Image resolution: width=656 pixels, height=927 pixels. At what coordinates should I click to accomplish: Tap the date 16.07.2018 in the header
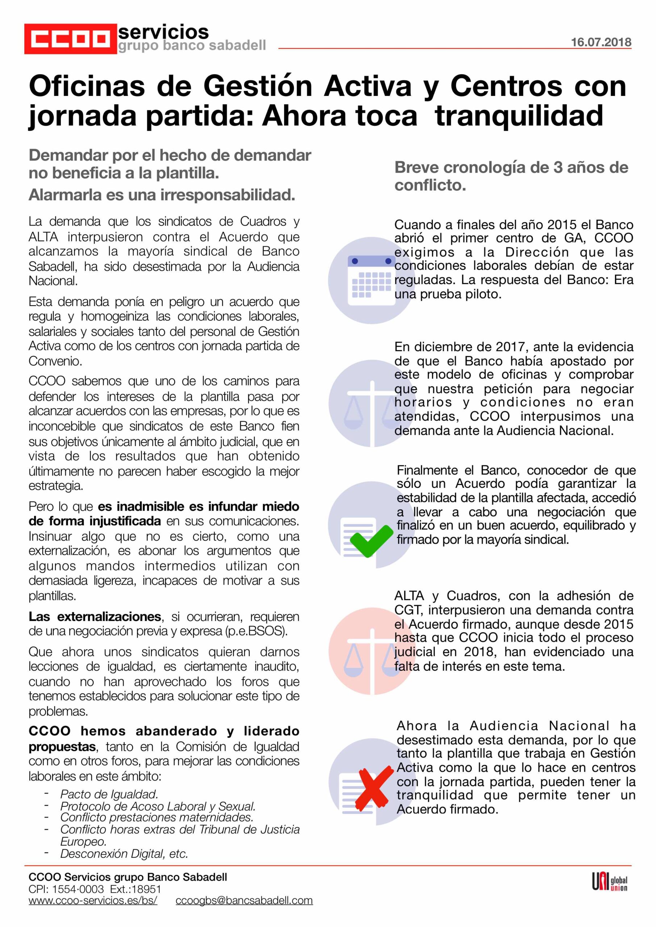[x=601, y=42]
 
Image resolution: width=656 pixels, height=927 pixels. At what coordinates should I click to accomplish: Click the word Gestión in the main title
[x=257, y=87]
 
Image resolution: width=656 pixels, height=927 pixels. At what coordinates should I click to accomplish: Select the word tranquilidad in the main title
[x=519, y=116]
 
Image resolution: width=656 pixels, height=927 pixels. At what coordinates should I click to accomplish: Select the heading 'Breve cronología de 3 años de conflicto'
[x=511, y=176]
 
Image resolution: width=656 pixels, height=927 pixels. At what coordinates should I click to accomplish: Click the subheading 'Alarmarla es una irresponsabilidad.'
[x=162, y=195]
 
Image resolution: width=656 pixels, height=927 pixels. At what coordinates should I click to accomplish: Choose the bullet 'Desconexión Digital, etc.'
[x=124, y=853]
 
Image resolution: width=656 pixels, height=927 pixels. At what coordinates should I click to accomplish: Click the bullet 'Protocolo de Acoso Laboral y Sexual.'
[x=158, y=806]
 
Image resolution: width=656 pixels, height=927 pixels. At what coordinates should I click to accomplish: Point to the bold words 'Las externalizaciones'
[x=95, y=617]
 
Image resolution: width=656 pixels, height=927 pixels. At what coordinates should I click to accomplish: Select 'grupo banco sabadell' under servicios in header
[x=192, y=46]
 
